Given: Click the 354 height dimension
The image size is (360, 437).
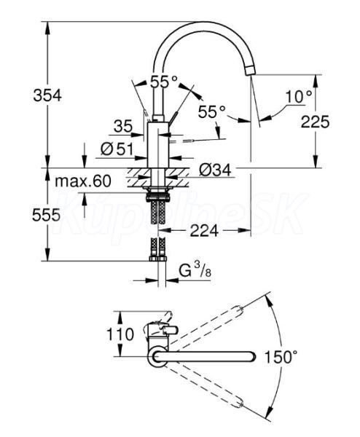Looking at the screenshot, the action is pyautogui.click(x=47, y=95).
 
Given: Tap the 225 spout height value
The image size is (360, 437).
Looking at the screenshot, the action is pyautogui.click(x=315, y=122).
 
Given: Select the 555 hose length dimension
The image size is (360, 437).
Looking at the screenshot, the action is pyautogui.click(x=46, y=215).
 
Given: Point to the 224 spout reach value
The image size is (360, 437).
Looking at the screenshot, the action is pyautogui.click(x=204, y=230).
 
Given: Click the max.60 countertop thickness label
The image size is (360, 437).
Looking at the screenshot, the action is pyautogui.click(x=83, y=181).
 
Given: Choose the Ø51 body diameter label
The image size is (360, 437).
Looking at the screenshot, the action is pyautogui.click(x=117, y=149).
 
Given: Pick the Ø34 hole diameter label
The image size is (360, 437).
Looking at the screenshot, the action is pyautogui.click(x=215, y=170).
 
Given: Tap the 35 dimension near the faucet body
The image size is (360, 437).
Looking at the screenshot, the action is pyautogui.click(x=123, y=127).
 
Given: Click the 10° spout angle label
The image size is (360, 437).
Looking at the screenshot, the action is pyautogui.click(x=299, y=96).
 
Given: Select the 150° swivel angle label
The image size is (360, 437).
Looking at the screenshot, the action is pyautogui.click(x=281, y=357).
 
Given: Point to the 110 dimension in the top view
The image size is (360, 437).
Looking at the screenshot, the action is pyautogui.click(x=120, y=334).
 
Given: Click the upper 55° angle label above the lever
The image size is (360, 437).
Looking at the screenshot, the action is pyautogui.click(x=164, y=82).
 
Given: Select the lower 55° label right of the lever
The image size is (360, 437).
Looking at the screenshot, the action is pyautogui.click(x=211, y=111).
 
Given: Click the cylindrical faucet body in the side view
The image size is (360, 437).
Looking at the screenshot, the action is pyautogui.click(x=158, y=145).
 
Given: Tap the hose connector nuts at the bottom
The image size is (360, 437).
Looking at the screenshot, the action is pyautogui.click(x=158, y=259).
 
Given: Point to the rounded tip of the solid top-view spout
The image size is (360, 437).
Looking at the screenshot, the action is pyautogui.click(x=252, y=357).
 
